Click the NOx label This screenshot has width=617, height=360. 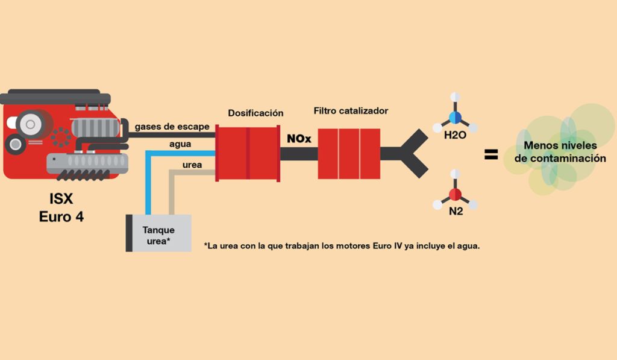tap(299, 139)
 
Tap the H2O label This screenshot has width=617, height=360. tap(455, 136)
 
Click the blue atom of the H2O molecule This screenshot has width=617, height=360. tap(456, 117)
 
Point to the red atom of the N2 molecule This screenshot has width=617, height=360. tap(456, 194)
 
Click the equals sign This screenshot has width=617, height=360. tap(491, 155)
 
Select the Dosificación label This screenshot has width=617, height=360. tap(255, 113)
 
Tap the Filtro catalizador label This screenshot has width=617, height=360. tap(351, 111)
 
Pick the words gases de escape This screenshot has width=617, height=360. tap(172, 127)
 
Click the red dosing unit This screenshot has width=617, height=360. tap(248, 153)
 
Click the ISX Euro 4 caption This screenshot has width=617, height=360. tap(61, 207)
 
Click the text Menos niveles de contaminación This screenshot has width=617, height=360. tap(560, 152)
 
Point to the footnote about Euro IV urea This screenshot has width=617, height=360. tap(342, 246)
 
